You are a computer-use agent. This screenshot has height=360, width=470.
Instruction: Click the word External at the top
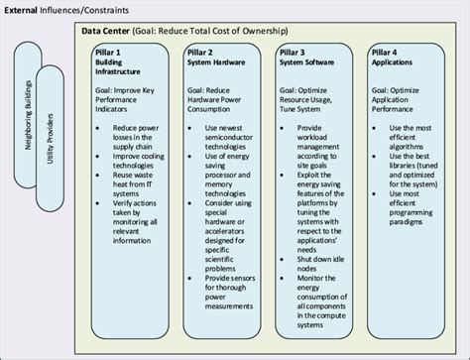tap(23, 10)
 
